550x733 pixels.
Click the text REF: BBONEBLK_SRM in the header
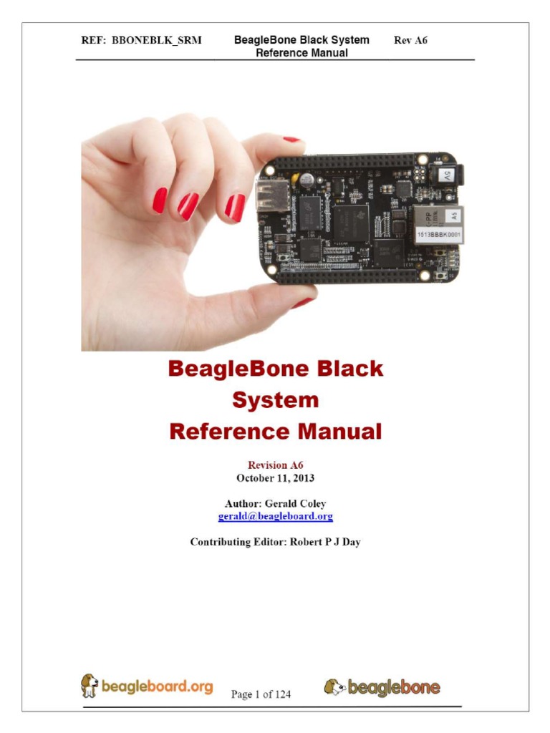click(x=141, y=41)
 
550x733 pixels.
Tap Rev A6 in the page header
click(x=410, y=41)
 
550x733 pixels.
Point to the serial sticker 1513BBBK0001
click(x=435, y=234)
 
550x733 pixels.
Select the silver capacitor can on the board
click(x=306, y=180)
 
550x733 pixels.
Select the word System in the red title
click(x=275, y=400)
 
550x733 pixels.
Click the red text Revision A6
click(x=275, y=465)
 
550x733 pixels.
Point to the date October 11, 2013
click(x=275, y=477)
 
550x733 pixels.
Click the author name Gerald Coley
click(x=295, y=503)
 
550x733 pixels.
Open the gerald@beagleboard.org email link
click(x=275, y=516)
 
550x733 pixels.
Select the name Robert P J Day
click(x=324, y=542)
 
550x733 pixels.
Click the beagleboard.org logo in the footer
click(x=147, y=686)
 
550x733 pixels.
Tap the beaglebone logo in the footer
click(x=382, y=688)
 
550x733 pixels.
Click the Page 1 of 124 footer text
click(x=261, y=694)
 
